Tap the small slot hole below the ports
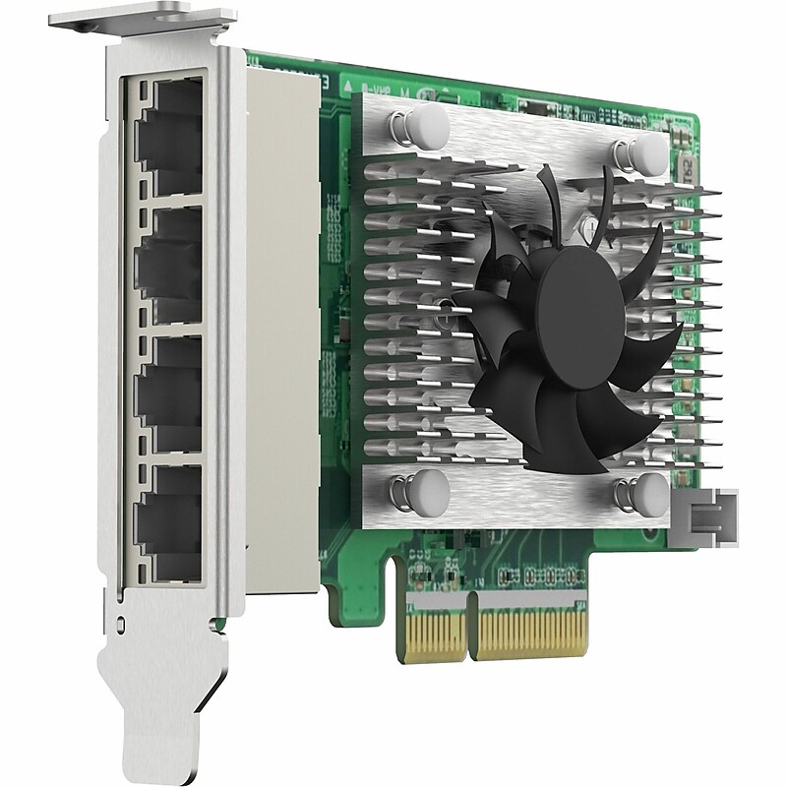[121, 622]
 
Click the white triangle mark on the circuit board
[352, 88]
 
